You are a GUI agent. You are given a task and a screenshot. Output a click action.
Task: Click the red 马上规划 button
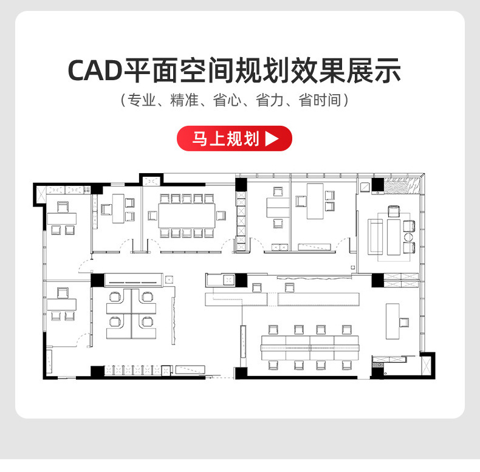point(234,139)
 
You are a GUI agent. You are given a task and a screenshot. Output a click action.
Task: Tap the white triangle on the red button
point(272,139)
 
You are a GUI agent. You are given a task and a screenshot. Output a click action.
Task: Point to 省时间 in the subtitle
point(322,101)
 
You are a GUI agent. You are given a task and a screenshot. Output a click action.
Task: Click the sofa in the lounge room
point(375,238)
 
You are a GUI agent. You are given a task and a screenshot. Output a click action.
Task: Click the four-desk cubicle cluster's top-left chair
point(114,297)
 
